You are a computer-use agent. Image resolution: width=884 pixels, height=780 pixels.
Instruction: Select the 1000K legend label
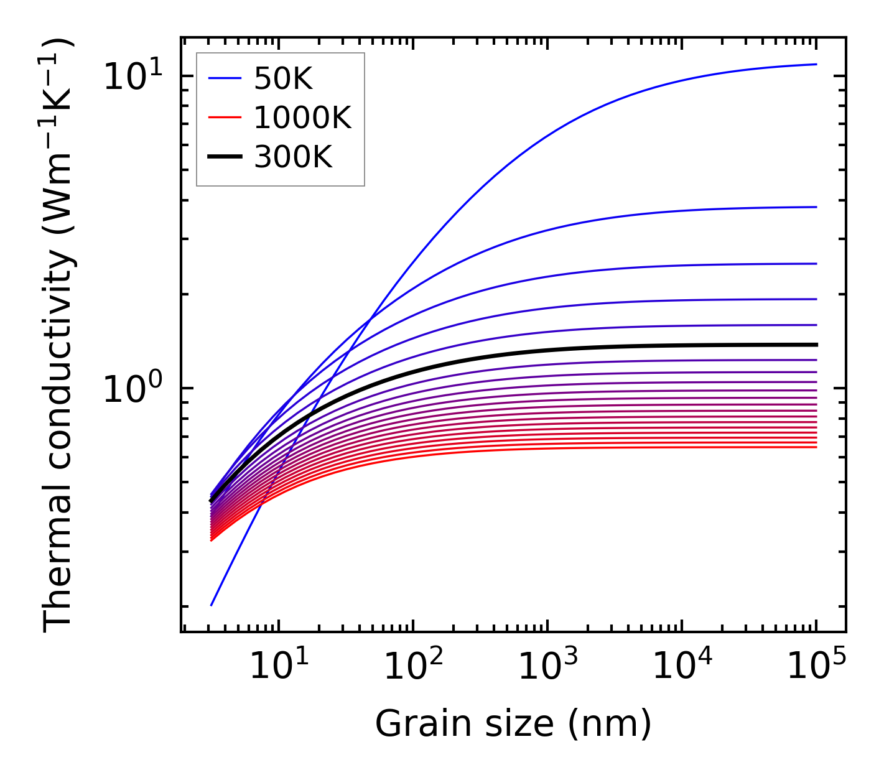(x=302, y=118)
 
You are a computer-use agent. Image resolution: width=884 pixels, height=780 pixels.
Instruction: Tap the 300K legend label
(x=293, y=157)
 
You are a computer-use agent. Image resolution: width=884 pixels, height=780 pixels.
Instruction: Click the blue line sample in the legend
(x=224, y=79)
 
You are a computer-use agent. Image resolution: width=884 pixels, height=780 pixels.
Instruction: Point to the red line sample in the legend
(x=224, y=118)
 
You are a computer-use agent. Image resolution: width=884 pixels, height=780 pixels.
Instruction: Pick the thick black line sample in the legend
(x=224, y=157)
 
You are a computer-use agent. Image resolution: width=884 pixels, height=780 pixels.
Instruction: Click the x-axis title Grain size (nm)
(x=513, y=723)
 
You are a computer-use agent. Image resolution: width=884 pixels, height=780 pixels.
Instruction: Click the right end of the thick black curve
(x=816, y=345)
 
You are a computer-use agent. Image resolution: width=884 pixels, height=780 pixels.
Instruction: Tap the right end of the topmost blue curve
(x=816, y=64)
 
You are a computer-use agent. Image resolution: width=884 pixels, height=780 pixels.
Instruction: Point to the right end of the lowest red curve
(x=816, y=447)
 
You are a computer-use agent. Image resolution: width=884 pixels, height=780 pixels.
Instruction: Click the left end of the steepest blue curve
(x=212, y=605)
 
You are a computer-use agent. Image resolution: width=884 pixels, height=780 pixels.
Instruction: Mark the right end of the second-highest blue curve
(x=816, y=207)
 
